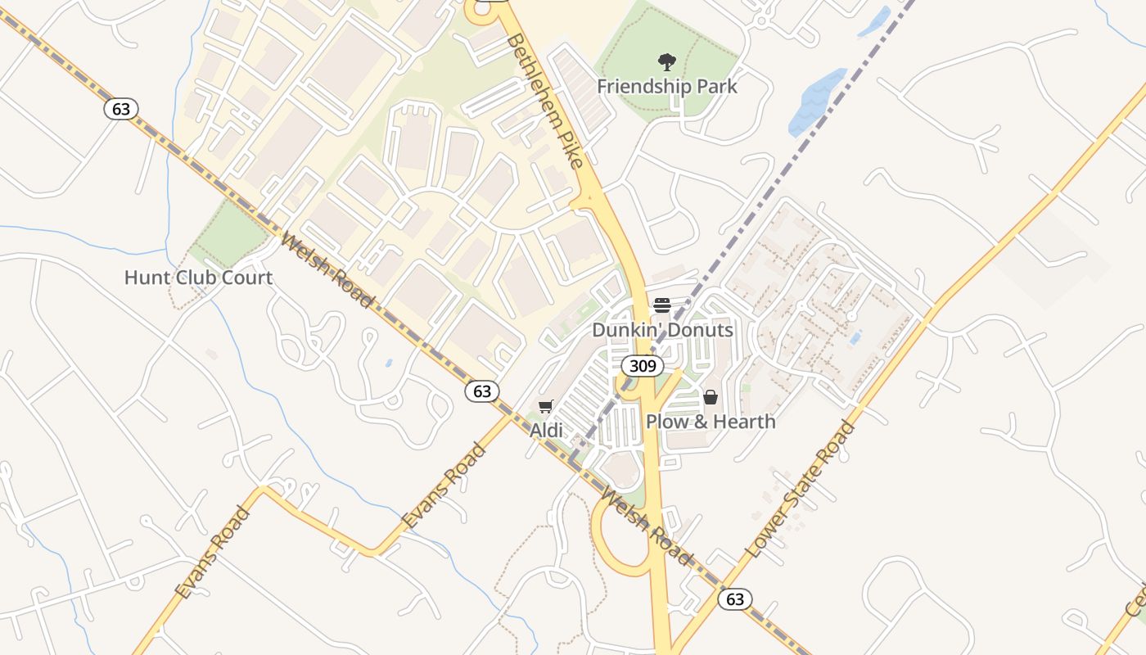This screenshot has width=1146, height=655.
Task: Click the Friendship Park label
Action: pyautogui.click(x=666, y=86)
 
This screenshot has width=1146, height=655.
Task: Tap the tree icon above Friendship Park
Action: pyautogui.click(x=667, y=61)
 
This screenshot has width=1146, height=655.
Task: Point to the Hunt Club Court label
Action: pyautogui.click(x=198, y=278)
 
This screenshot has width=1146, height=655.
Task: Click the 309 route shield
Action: pyautogui.click(x=643, y=365)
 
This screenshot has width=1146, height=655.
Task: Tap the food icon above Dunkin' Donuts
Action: pyautogui.click(x=662, y=305)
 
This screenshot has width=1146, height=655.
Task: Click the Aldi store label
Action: pyautogui.click(x=546, y=430)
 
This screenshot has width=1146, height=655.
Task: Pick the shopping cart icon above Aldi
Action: pyautogui.click(x=546, y=406)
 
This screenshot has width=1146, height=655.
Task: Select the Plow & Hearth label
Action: pyautogui.click(x=711, y=421)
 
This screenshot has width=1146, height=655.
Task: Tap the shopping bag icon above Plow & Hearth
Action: pyautogui.click(x=711, y=397)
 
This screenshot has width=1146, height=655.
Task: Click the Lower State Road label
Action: pyautogui.click(x=801, y=490)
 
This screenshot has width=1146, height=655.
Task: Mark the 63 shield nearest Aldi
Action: pyautogui.click(x=482, y=391)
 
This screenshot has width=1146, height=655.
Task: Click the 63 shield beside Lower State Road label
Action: pyautogui.click(x=735, y=599)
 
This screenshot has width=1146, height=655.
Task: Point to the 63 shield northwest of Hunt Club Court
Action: pyautogui.click(x=121, y=109)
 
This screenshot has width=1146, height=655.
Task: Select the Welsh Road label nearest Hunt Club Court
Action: pyautogui.click(x=327, y=271)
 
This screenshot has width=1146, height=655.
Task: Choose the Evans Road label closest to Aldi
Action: pyautogui.click(x=444, y=485)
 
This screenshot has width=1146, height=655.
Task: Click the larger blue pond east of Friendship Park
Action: pyautogui.click(x=816, y=102)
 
